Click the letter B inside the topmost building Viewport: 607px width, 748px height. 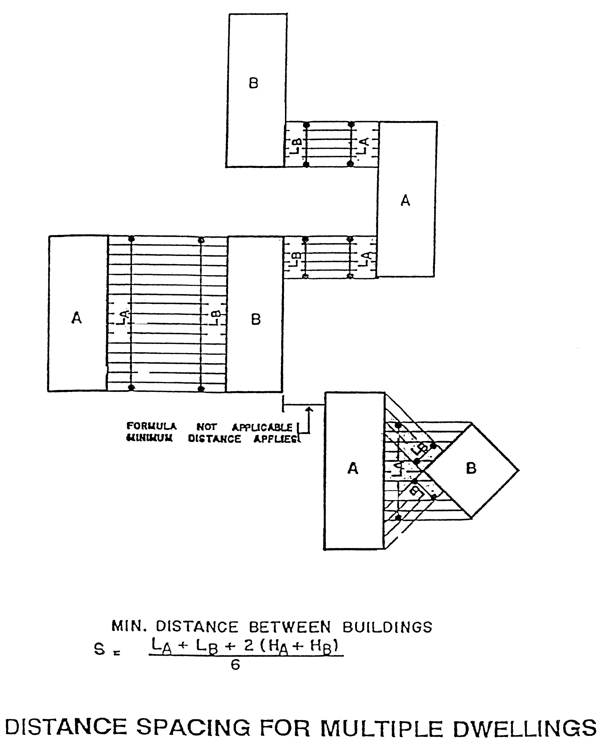pos(253,83)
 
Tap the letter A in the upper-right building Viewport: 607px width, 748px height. pos(405,201)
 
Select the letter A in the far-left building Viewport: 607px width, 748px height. pos(77,318)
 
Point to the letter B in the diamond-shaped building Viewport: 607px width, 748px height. pos(471,468)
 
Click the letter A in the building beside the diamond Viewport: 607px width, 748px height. pos(353,468)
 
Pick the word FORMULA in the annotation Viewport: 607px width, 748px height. pos(151,426)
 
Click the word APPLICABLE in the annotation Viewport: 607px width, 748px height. pos(262,427)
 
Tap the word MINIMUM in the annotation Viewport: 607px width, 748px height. pos(149,438)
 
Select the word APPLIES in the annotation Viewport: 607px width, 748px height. pos(276,439)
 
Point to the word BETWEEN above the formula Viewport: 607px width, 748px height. pos(290,627)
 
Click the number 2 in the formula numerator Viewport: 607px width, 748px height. pos(249,645)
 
